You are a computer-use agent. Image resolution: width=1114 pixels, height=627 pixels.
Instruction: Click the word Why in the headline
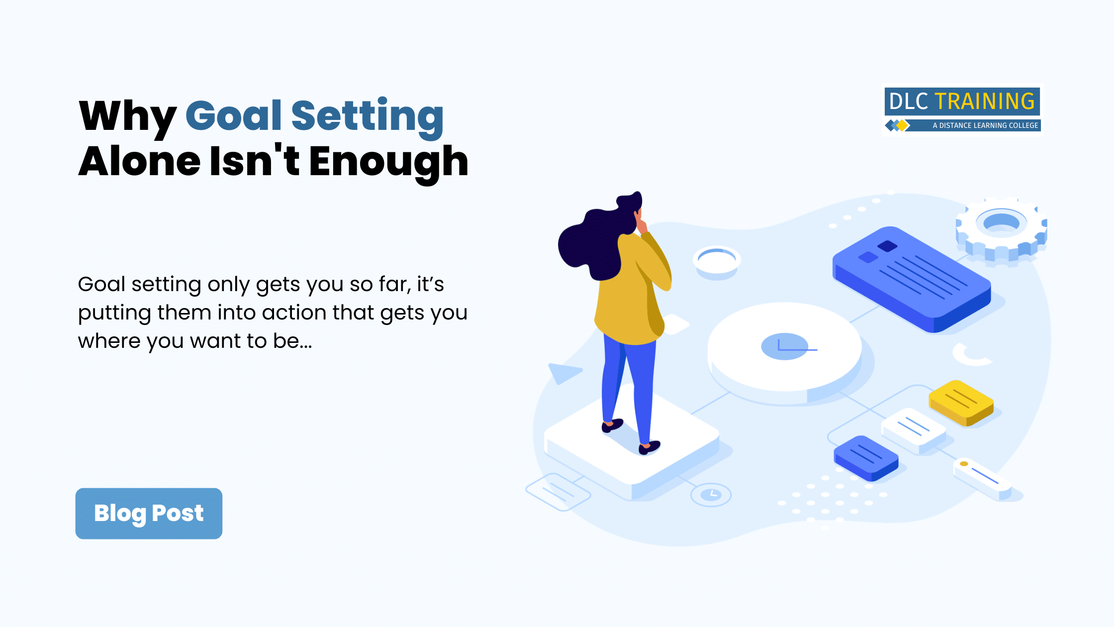pos(128,118)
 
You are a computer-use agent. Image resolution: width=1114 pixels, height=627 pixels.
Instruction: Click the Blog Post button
pos(149,513)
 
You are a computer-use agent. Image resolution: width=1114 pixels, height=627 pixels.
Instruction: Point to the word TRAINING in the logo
pos(985,102)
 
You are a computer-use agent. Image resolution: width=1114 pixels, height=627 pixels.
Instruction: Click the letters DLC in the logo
pos(909,102)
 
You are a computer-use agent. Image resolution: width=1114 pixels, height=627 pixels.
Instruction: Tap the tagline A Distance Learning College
pos(985,125)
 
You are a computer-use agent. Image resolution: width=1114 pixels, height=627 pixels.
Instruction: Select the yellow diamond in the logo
pos(902,125)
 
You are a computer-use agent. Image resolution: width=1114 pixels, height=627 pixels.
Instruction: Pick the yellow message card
pos(961,403)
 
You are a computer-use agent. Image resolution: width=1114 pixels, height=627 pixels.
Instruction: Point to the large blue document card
pos(912,279)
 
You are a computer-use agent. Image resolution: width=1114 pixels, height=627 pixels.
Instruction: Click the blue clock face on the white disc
pos(785,346)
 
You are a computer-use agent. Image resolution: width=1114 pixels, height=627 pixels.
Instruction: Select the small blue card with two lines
pos(866,458)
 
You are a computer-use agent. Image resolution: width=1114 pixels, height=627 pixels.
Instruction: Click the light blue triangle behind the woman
pos(563,372)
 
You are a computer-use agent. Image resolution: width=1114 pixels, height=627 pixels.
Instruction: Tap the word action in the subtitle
pos(293,313)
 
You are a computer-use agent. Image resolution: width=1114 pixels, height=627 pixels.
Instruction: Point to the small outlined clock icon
pos(711,495)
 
